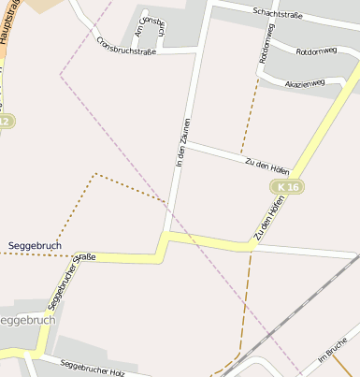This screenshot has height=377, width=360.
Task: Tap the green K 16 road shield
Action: (x=288, y=188)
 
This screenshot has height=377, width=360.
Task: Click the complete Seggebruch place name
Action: (x=35, y=244)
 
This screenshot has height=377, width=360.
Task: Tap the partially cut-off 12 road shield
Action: (x=6, y=122)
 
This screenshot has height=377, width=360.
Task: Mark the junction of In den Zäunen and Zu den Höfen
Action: (x=186, y=143)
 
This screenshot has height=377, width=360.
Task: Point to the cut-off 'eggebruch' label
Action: (x=28, y=319)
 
